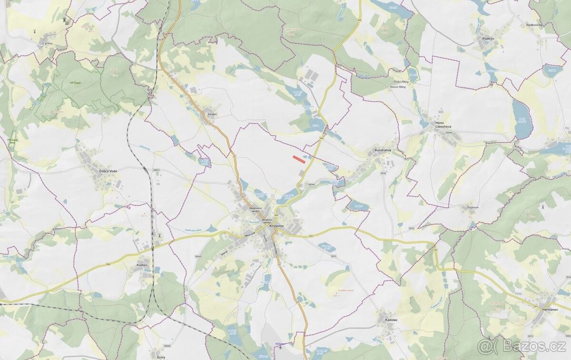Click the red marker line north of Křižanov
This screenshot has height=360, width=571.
click(x=298, y=159)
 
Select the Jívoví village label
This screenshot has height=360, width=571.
click(x=212, y=114)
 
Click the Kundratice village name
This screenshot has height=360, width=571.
click(x=383, y=150)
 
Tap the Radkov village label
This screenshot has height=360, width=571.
click(x=488, y=38)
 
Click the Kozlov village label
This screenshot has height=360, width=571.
click(x=141, y=264)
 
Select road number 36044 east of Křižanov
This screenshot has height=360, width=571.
click(x=312, y=184)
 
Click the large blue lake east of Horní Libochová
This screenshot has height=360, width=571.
click(x=522, y=119)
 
